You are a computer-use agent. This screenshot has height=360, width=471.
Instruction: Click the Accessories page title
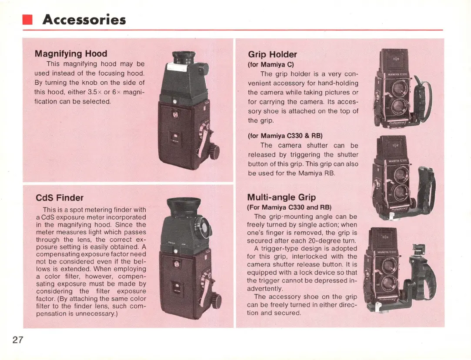[x=84, y=20]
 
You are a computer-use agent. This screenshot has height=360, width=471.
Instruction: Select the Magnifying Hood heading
[x=70, y=53]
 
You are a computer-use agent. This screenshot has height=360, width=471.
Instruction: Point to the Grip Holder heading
[x=272, y=54]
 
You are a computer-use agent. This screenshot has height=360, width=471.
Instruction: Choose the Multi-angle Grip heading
[x=281, y=197]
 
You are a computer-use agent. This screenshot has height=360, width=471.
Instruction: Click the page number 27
[x=17, y=340]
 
